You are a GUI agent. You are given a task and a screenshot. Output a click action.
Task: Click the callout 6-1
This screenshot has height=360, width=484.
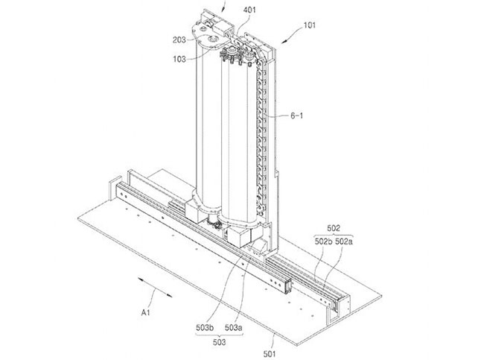click(x=298, y=117)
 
